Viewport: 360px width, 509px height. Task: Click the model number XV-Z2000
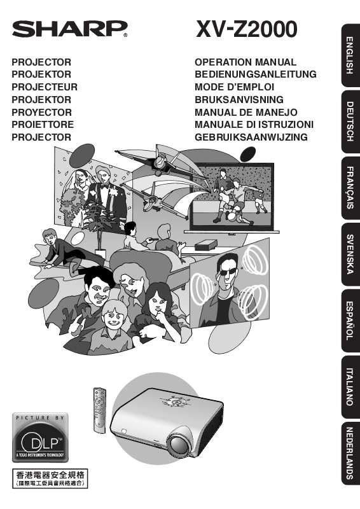[x=245, y=29]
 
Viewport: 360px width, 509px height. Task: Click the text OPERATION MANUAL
[x=245, y=62]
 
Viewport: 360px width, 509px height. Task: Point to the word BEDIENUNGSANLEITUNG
[x=255, y=74]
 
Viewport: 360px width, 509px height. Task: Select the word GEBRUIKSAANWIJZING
[x=251, y=137]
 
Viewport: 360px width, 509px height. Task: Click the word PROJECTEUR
[x=45, y=87]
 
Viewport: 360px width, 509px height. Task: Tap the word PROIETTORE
[x=43, y=125]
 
